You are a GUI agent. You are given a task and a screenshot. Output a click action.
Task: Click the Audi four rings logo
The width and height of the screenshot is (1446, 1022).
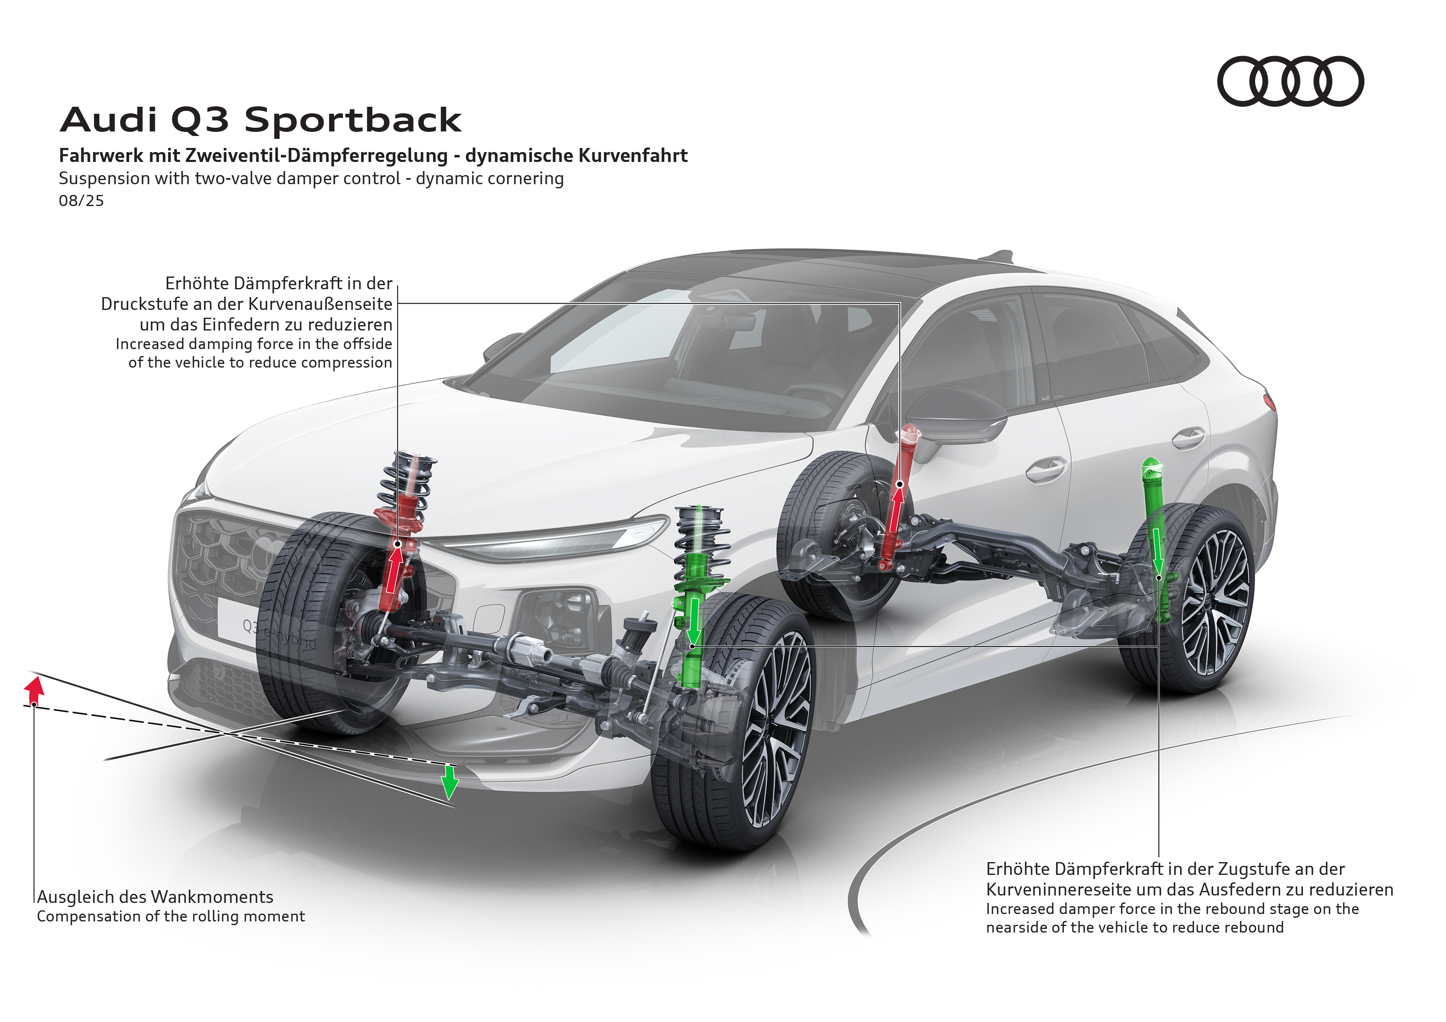tap(1290, 81)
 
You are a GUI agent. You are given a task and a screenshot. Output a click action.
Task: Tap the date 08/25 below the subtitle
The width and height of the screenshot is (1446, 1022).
tap(81, 201)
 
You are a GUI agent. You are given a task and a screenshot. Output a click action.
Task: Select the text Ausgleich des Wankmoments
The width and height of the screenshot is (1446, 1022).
tap(155, 897)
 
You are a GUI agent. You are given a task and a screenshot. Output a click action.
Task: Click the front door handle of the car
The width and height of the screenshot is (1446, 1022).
tap(1046, 469)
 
